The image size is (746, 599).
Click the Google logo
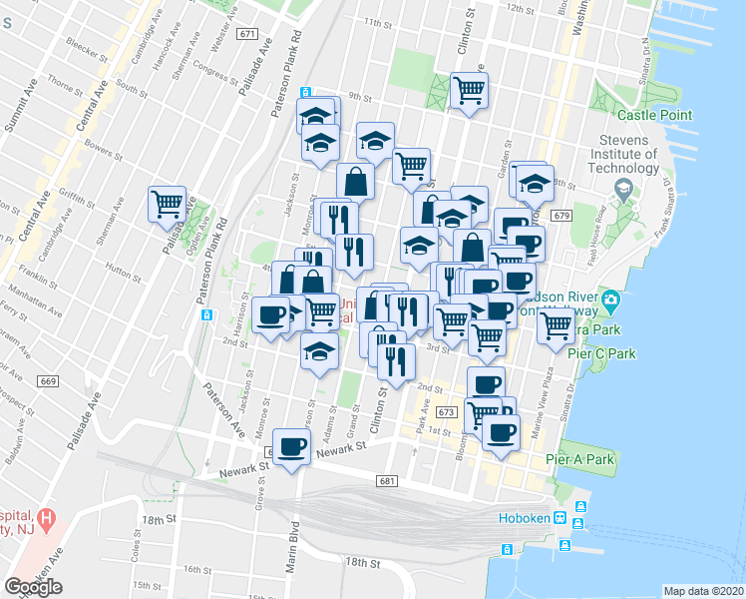click(33, 587)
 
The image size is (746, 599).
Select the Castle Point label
click(659, 116)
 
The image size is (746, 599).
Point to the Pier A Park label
click(580, 459)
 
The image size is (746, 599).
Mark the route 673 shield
click(445, 411)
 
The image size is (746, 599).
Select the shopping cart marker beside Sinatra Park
click(557, 323)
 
